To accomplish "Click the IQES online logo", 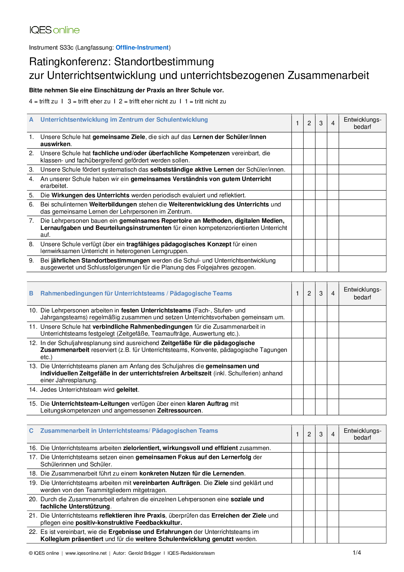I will pyautogui.click(x=54, y=30).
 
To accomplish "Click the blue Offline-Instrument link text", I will pyautogui.click(x=142, y=48).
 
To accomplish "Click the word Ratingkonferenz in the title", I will pyautogui.click(x=70, y=62).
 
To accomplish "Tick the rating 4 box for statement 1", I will pyautogui.click(x=333, y=140).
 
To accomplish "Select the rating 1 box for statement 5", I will pyautogui.click(x=297, y=195).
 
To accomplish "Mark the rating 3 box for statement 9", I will pyautogui.click(x=321, y=264).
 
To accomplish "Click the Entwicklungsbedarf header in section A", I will pyautogui.click(x=362, y=123).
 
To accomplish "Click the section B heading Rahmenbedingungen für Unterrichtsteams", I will pyautogui.click(x=136, y=294).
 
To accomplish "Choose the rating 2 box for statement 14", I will pyautogui.click(x=309, y=392).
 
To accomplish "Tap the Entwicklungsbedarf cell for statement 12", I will pyautogui.click(x=362, y=350).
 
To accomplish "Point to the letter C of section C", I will pyautogui.click(x=31, y=431).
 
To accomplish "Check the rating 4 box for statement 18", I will pyautogui.click(x=333, y=474).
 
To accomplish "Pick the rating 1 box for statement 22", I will pyautogui.click(x=297, y=535).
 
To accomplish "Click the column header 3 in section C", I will pyautogui.click(x=321, y=434).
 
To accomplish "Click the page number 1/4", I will pyautogui.click(x=357, y=552).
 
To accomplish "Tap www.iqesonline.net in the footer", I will pyautogui.click(x=86, y=553).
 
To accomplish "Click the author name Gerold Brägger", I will pyautogui.click(x=145, y=553).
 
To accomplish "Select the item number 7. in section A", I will pyautogui.click(x=31, y=221).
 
